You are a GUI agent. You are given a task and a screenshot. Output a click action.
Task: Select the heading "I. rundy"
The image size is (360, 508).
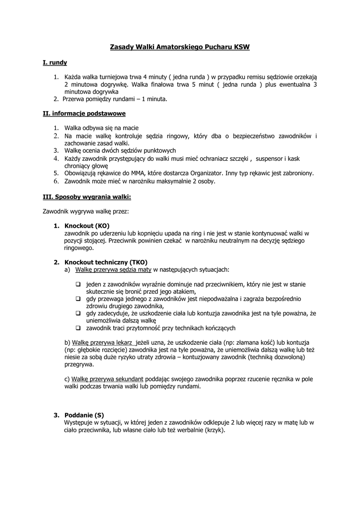55,63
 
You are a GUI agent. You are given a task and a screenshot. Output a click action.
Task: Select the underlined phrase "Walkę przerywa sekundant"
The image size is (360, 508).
107,379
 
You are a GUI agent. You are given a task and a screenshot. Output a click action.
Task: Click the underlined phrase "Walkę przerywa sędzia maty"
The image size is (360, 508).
113,269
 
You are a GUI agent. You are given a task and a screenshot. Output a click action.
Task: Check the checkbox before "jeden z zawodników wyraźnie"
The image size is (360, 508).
78,285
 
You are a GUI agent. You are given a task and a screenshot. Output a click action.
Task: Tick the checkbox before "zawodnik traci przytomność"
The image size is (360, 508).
78,328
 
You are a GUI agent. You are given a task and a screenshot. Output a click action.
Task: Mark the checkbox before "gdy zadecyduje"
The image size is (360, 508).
78,314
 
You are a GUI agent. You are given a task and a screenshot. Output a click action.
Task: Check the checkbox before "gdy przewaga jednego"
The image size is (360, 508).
78,299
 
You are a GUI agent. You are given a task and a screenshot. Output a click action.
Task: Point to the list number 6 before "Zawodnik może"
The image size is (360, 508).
56,181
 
